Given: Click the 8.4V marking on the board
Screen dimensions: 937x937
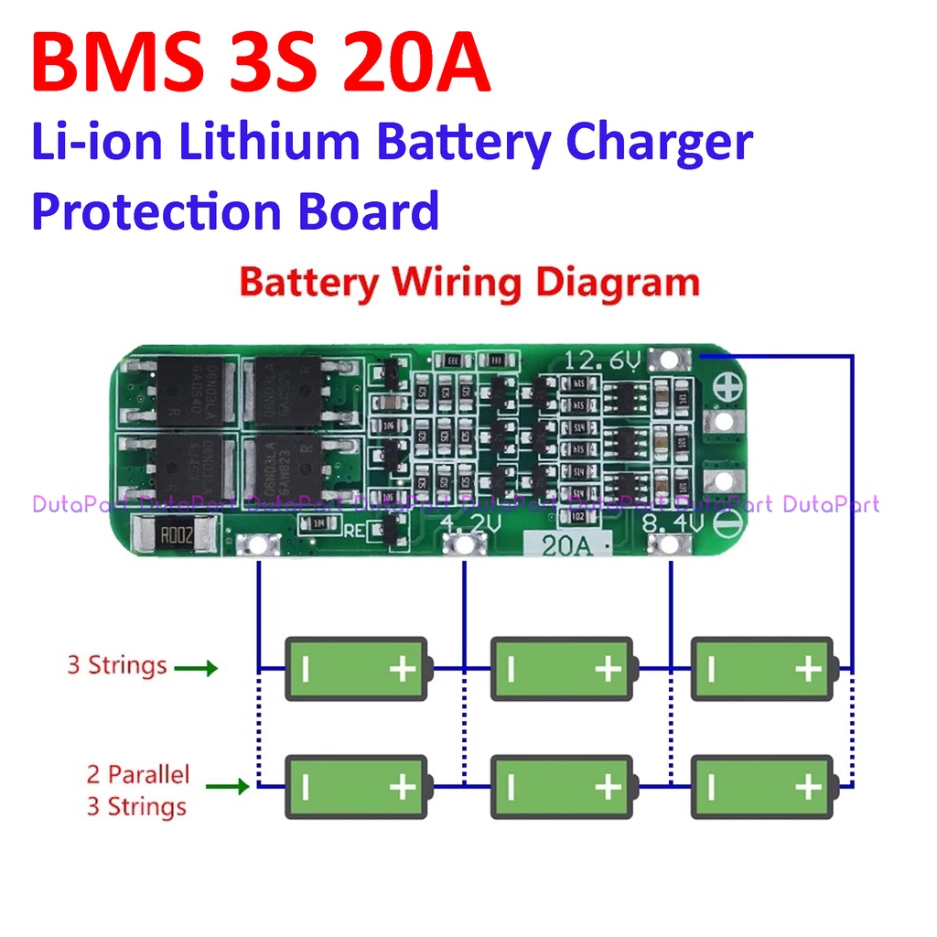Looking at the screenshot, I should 672,525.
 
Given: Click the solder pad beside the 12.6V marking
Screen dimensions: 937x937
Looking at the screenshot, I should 671,361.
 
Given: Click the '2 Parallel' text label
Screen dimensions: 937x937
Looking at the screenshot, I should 137,775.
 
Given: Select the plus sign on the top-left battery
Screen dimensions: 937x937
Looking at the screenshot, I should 403,669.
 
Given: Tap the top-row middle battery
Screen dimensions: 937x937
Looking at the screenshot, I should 562,669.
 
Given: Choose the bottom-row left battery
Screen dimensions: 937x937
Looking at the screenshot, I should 357,786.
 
